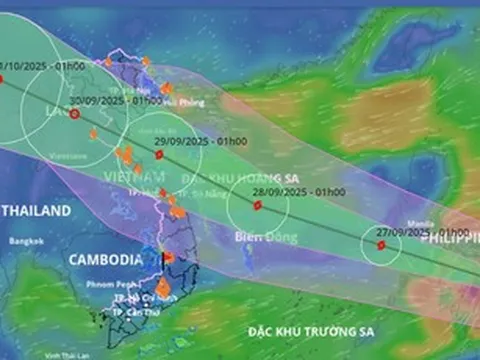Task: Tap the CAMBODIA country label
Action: pos(105,259)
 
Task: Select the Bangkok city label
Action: pos(23,242)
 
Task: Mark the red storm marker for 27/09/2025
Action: pos(381,245)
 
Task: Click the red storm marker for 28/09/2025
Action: pos(257,205)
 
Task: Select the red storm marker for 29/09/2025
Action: pos(159,154)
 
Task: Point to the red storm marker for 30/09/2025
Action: pos(74,114)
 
